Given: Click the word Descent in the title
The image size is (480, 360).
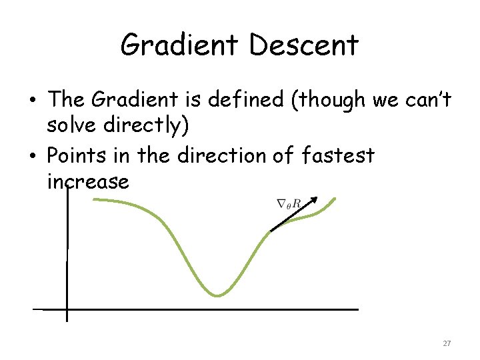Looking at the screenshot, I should [305, 45].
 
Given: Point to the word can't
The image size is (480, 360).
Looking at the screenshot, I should [427, 100].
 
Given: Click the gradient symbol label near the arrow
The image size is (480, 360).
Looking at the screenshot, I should [288, 203].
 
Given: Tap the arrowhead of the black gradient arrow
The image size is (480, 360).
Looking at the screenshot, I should [315, 199].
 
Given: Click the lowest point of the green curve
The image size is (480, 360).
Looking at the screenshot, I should [217, 295].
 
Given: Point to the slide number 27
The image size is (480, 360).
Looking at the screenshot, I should [447, 343].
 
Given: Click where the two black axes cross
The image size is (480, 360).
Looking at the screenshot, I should [67, 309].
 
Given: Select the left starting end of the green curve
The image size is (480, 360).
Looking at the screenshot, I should [93, 200].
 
